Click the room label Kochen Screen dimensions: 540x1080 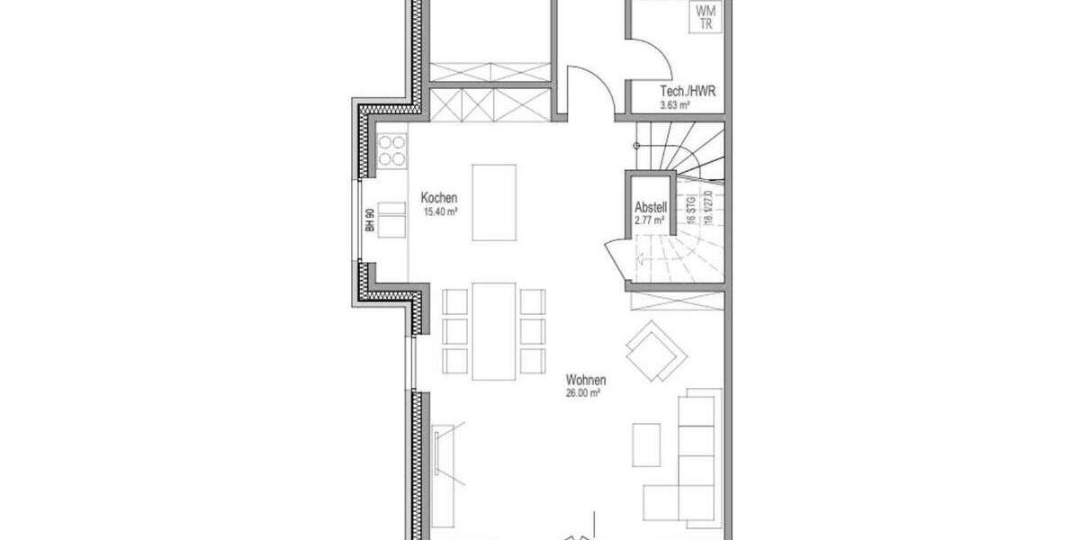coord(440,198)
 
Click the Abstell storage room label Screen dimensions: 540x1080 coord(650,205)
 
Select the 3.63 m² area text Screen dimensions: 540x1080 coord(675,105)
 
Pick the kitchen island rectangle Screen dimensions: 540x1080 coord(494,202)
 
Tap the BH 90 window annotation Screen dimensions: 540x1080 coord(370,220)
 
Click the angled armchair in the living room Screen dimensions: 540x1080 coord(656,351)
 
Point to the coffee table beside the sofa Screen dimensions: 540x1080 coord(646,445)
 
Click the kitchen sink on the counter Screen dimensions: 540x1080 coord(391,220)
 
